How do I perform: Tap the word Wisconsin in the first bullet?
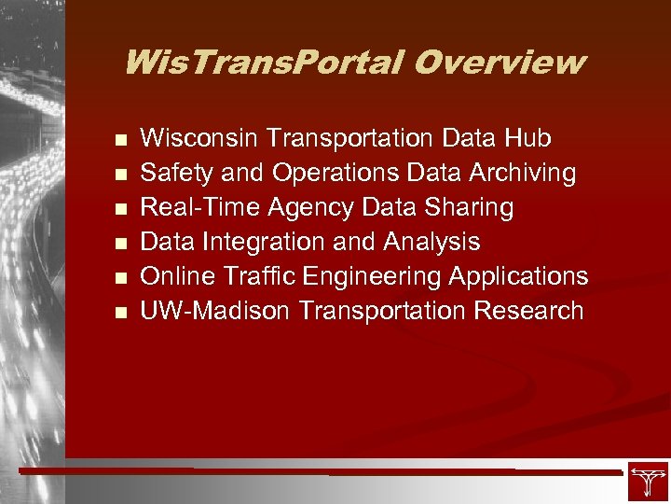pos(199,139)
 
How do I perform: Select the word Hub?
pos(527,139)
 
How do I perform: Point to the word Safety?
pos(174,174)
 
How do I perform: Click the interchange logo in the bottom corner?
pos(647,481)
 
